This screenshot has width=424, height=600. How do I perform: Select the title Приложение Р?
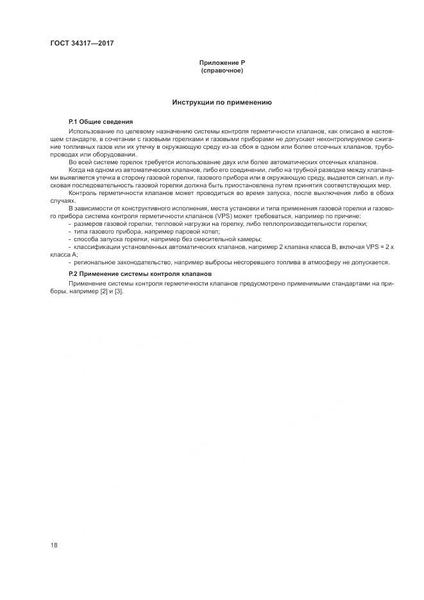[222, 62]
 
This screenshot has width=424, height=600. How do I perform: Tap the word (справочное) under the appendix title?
[222, 70]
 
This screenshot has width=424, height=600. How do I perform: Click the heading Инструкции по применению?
[222, 102]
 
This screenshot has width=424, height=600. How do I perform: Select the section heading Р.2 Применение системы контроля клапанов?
[135, 274]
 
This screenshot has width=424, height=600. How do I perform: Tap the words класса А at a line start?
[60, 254]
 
